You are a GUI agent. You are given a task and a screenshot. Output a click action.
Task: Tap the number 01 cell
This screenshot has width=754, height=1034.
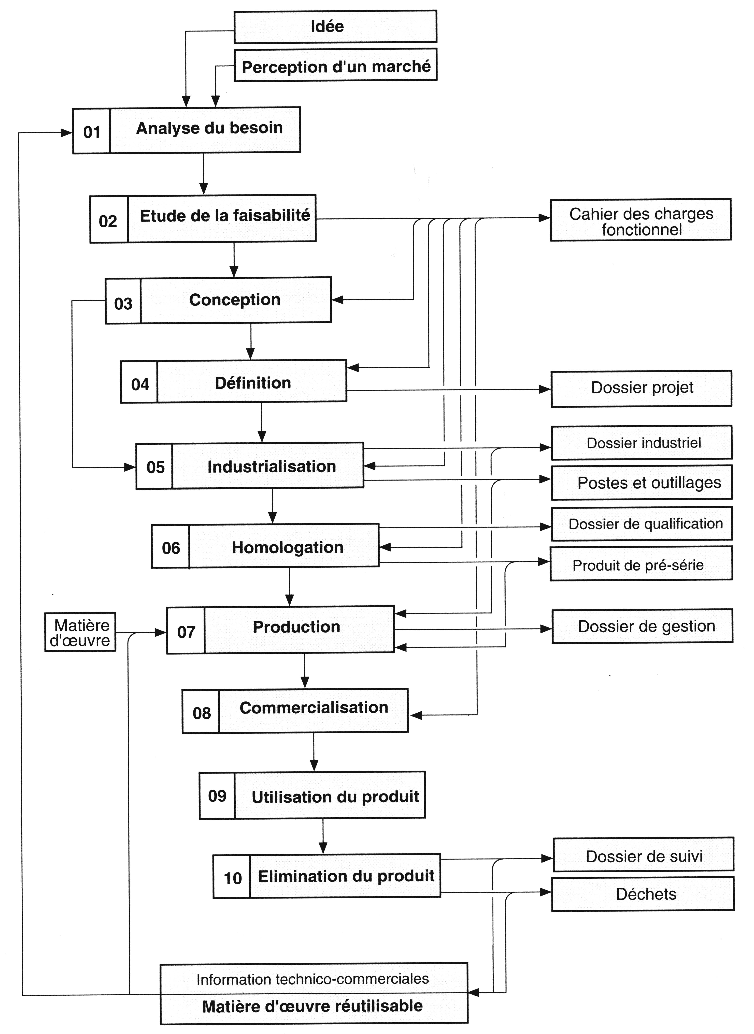tap(91, 131)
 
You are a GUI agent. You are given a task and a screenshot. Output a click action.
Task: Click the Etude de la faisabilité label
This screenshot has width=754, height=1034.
tap(225, 216)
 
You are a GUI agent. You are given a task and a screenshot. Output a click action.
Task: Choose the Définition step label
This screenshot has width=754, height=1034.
tap(253, 383)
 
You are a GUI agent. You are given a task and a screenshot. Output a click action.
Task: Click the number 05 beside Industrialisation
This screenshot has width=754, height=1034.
tap(155, 467)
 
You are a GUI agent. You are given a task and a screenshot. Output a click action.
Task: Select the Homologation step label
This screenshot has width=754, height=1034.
tap(288, 547)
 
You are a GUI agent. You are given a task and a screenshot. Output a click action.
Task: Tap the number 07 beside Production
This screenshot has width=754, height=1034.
tap(186, 632)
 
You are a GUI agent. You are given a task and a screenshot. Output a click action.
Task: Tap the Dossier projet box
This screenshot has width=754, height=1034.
tap(641, 388)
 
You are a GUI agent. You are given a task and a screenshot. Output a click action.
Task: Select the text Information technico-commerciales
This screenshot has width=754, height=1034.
tap(313, 979)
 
